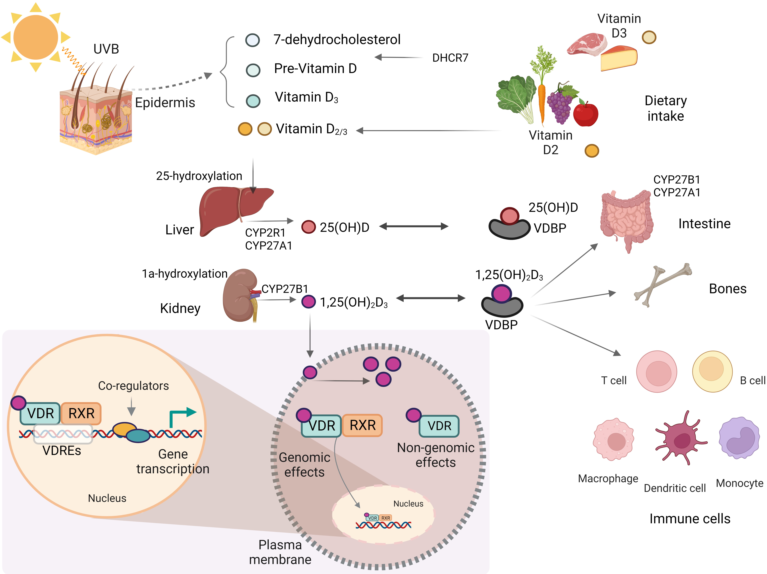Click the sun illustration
coord(36,37)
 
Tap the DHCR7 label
coord(450,58)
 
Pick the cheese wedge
coord(619,59)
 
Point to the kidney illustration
coord(239,295)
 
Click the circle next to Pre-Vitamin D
coord(253,70)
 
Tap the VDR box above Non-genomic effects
coord(439,426)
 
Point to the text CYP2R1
coord(265,232)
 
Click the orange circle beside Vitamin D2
coord(592,151)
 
